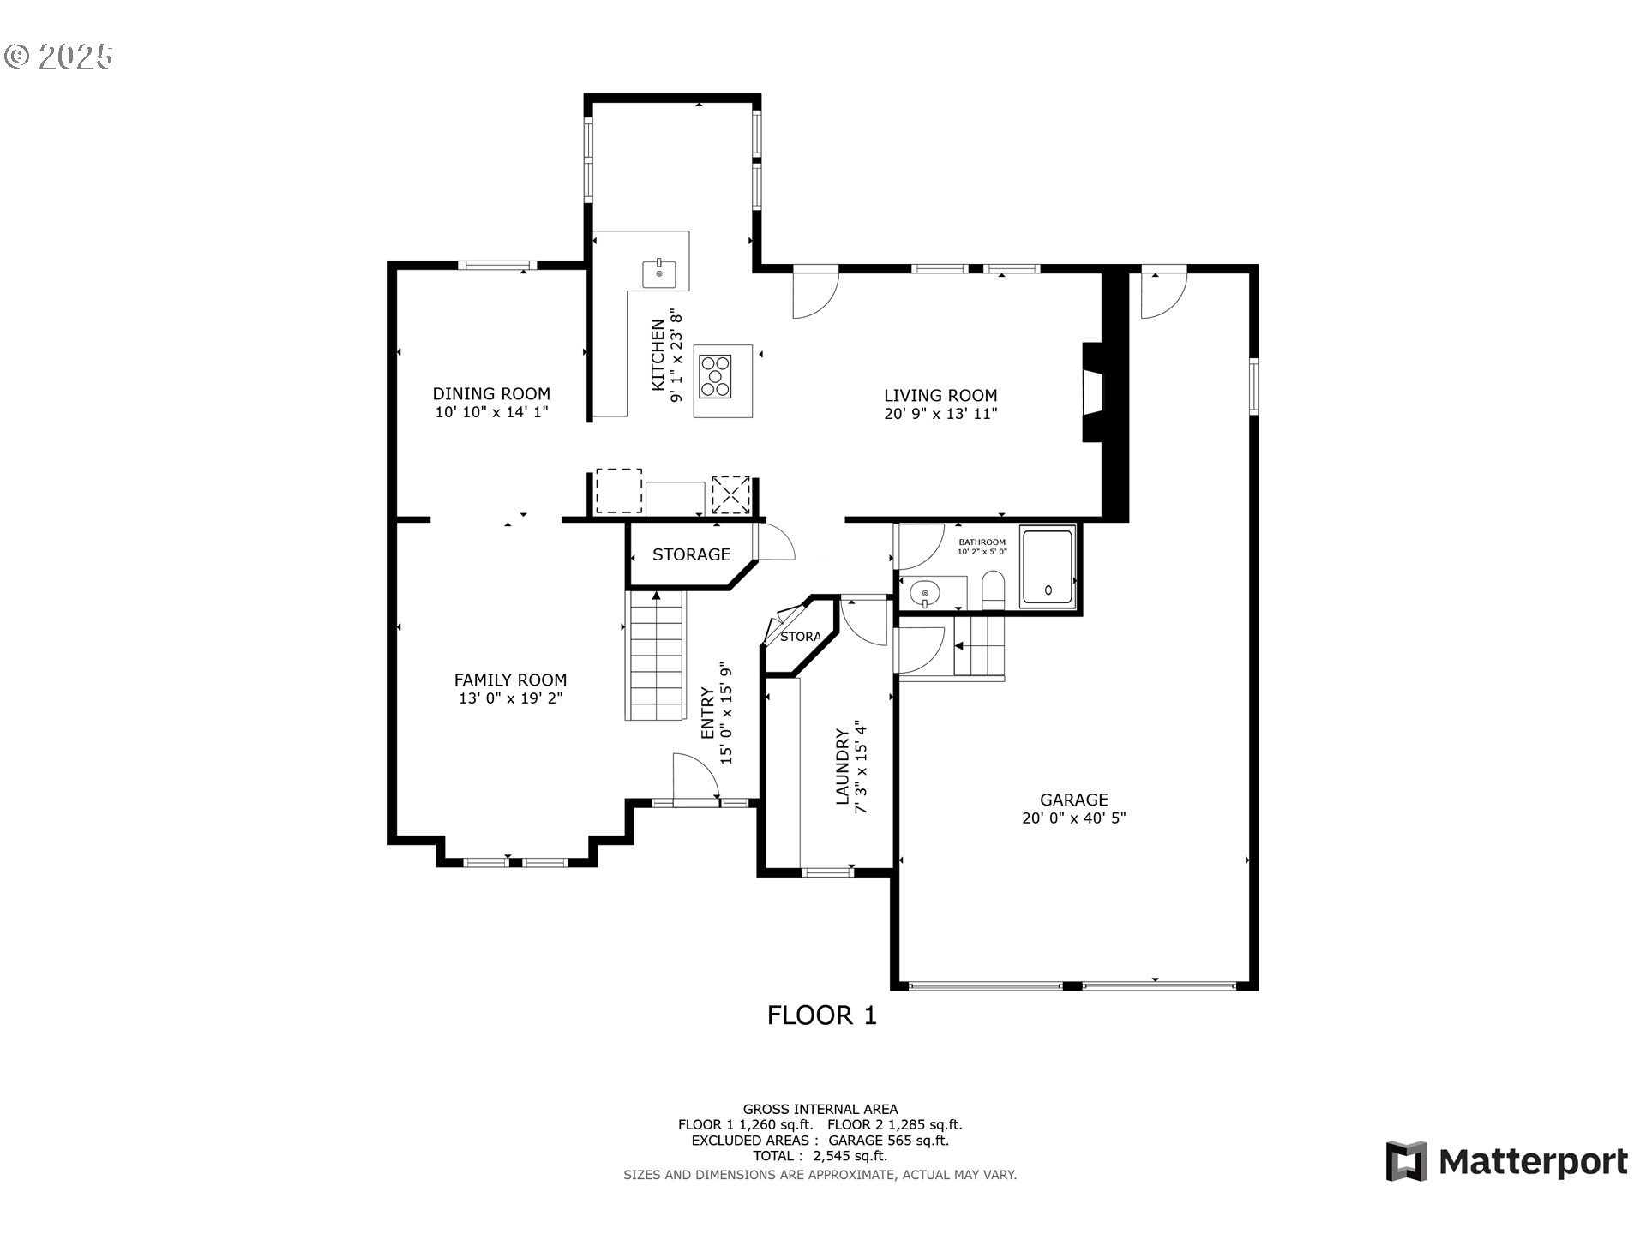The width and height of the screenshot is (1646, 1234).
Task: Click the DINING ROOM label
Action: click(x=490, y=394)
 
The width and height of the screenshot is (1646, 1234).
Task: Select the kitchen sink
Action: click(x=659, y=274)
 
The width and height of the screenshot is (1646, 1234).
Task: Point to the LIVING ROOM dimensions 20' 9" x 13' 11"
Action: click(x=940, y=414)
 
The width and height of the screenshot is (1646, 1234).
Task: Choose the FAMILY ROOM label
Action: click(x=510, y=680)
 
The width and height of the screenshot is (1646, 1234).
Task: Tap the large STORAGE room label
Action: click(x=691, y=554)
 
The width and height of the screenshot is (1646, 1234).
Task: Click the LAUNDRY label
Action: click(x=843, y=767)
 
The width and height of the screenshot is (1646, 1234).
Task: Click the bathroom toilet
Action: click(x=993, y=591)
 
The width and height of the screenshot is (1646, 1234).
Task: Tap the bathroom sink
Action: click(x=925, y=591)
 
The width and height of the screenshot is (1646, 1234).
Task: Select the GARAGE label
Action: click(x=1073, y=800)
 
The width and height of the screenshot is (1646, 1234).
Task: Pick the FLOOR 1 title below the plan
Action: click(x=821, y=1015)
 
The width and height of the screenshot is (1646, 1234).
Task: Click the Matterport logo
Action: click(x=1506, y=1162)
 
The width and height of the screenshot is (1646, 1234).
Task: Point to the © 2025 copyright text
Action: click(x=58, y=57)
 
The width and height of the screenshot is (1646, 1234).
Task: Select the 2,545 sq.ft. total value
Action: click(x=844, y=1156)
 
